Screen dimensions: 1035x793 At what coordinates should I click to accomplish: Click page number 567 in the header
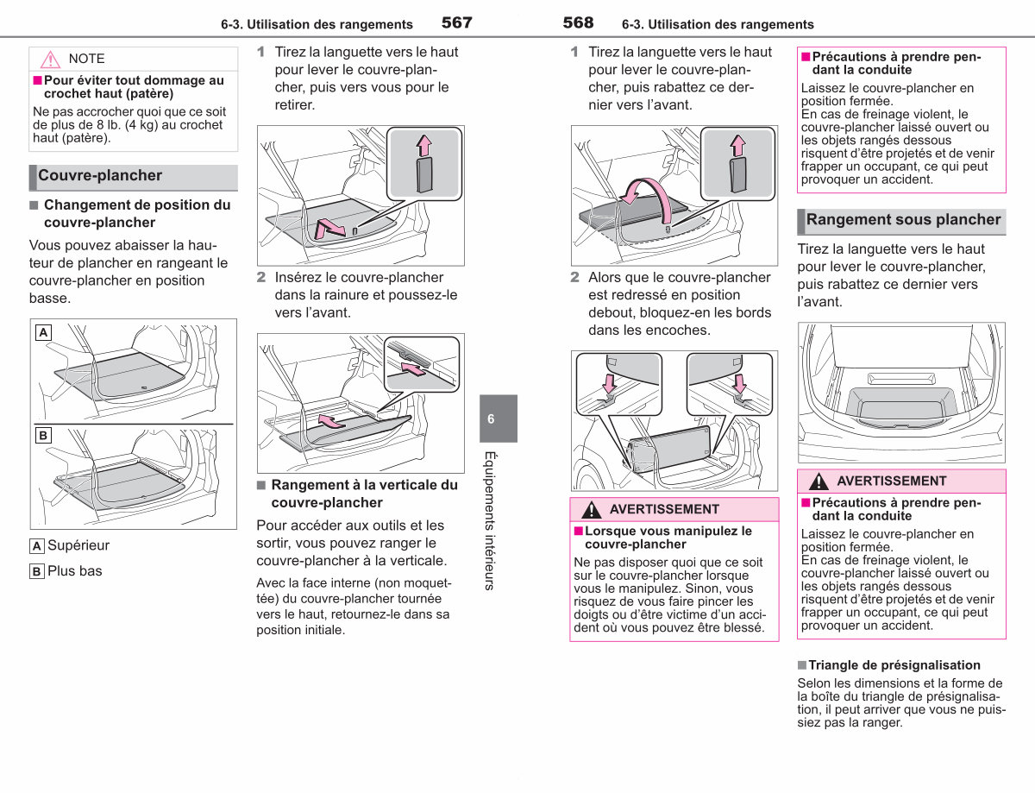(456, 22)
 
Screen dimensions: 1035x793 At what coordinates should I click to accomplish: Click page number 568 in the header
(578, 22)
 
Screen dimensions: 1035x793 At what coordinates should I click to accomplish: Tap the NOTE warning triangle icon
(50, 60)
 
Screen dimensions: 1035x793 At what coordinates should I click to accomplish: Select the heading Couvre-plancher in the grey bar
(100, 175)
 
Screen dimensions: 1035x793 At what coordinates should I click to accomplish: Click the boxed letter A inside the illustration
(43, 332)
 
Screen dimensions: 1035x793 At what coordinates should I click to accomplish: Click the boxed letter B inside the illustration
(43, 435)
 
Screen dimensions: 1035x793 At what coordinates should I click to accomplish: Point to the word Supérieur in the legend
(78, 545)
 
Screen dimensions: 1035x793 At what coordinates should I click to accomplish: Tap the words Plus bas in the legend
(75, 570)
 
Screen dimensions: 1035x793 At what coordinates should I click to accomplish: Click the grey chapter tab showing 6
(499, 419)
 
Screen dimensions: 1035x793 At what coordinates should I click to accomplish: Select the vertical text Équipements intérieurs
(490, 520)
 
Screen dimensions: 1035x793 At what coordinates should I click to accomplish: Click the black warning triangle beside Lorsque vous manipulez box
(591, 510)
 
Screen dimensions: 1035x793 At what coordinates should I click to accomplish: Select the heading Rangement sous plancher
(903, 219)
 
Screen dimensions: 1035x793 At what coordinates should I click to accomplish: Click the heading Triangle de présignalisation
(894, 665)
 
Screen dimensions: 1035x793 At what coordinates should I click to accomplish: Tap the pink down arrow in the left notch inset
(609, 383)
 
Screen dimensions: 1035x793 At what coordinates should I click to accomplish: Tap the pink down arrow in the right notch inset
(740, 383)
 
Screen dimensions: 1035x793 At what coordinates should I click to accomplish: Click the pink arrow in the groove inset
(413, 369)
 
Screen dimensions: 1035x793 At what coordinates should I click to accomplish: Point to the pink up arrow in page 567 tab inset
(423, 146)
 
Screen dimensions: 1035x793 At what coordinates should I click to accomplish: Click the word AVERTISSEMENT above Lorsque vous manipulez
(664, 509)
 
